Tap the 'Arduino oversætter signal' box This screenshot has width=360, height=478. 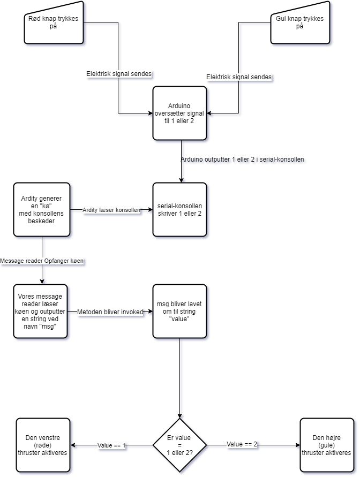coord(180,113)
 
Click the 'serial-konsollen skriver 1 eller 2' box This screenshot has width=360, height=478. coord(180,210)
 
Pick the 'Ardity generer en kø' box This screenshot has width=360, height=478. coord(42,210)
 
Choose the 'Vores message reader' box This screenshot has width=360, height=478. coord(42,312)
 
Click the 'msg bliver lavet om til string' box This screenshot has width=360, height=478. coord(180,312)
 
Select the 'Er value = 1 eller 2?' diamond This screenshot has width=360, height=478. coord(180,445)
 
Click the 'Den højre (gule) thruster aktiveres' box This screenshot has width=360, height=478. coord(326,445)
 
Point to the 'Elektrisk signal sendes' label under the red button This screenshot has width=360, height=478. coord(119,74)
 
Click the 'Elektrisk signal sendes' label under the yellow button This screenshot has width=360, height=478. coord(239,78)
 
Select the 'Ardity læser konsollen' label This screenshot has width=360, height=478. coord(111,210)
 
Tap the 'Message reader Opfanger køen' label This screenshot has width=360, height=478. coord(42,261)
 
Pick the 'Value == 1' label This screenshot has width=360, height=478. coord(111,445)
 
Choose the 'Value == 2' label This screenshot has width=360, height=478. coord(242,444)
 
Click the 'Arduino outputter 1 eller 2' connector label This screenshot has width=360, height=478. coord(243,160)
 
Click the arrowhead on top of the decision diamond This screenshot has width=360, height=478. coord(182,418)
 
